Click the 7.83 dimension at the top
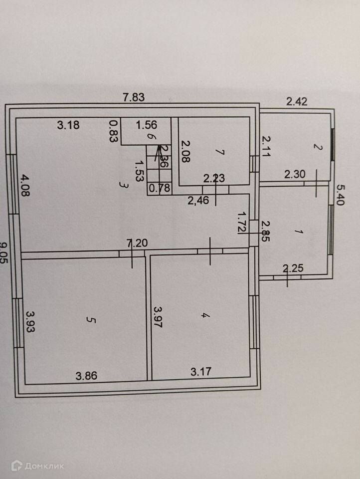coord(134,98)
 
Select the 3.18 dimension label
coord(68,125)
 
